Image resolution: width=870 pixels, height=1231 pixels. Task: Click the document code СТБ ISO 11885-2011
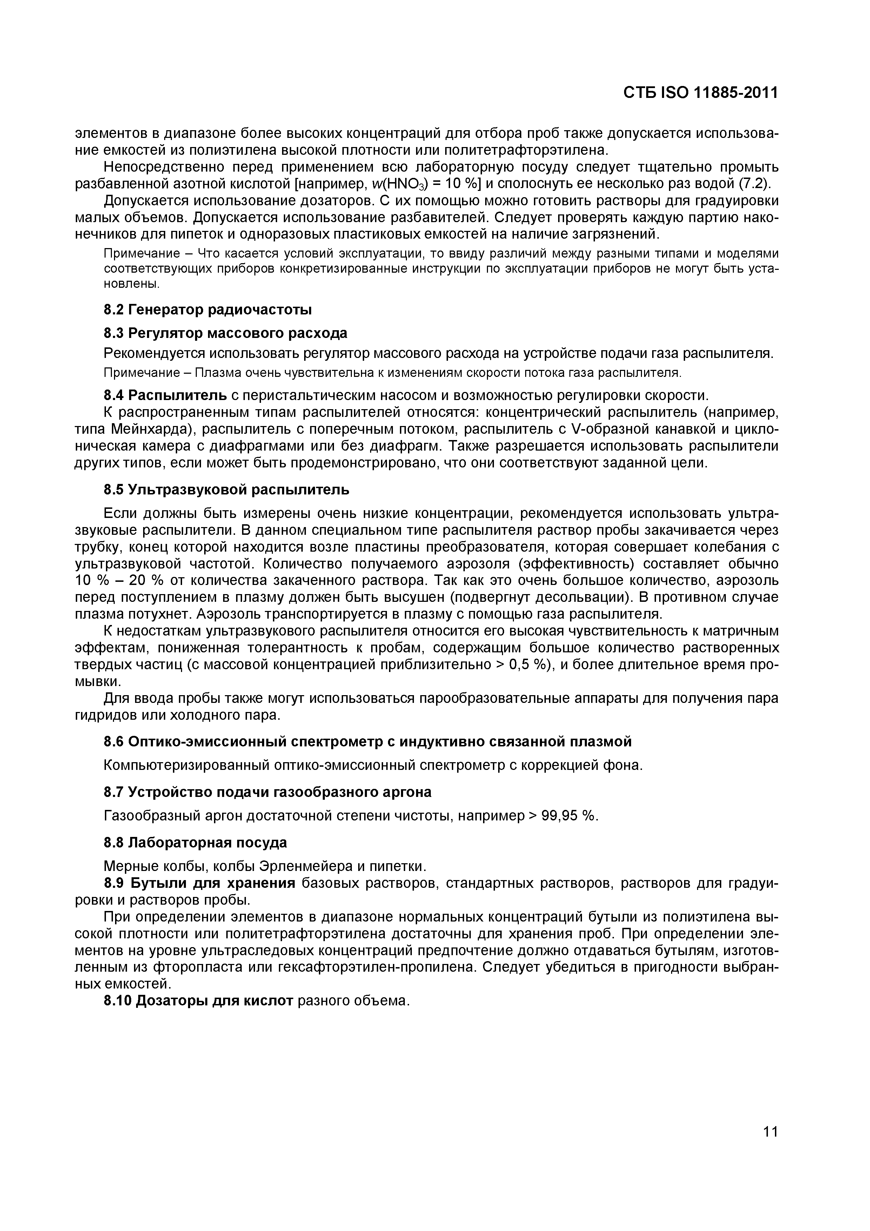[700, 93]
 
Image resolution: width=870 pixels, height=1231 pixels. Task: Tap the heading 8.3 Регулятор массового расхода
[225, 333]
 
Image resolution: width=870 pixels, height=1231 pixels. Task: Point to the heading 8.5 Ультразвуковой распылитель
[226, 490]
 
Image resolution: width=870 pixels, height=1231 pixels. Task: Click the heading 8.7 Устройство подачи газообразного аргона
[267, 792]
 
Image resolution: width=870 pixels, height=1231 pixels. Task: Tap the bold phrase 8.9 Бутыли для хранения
[199, 883]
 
